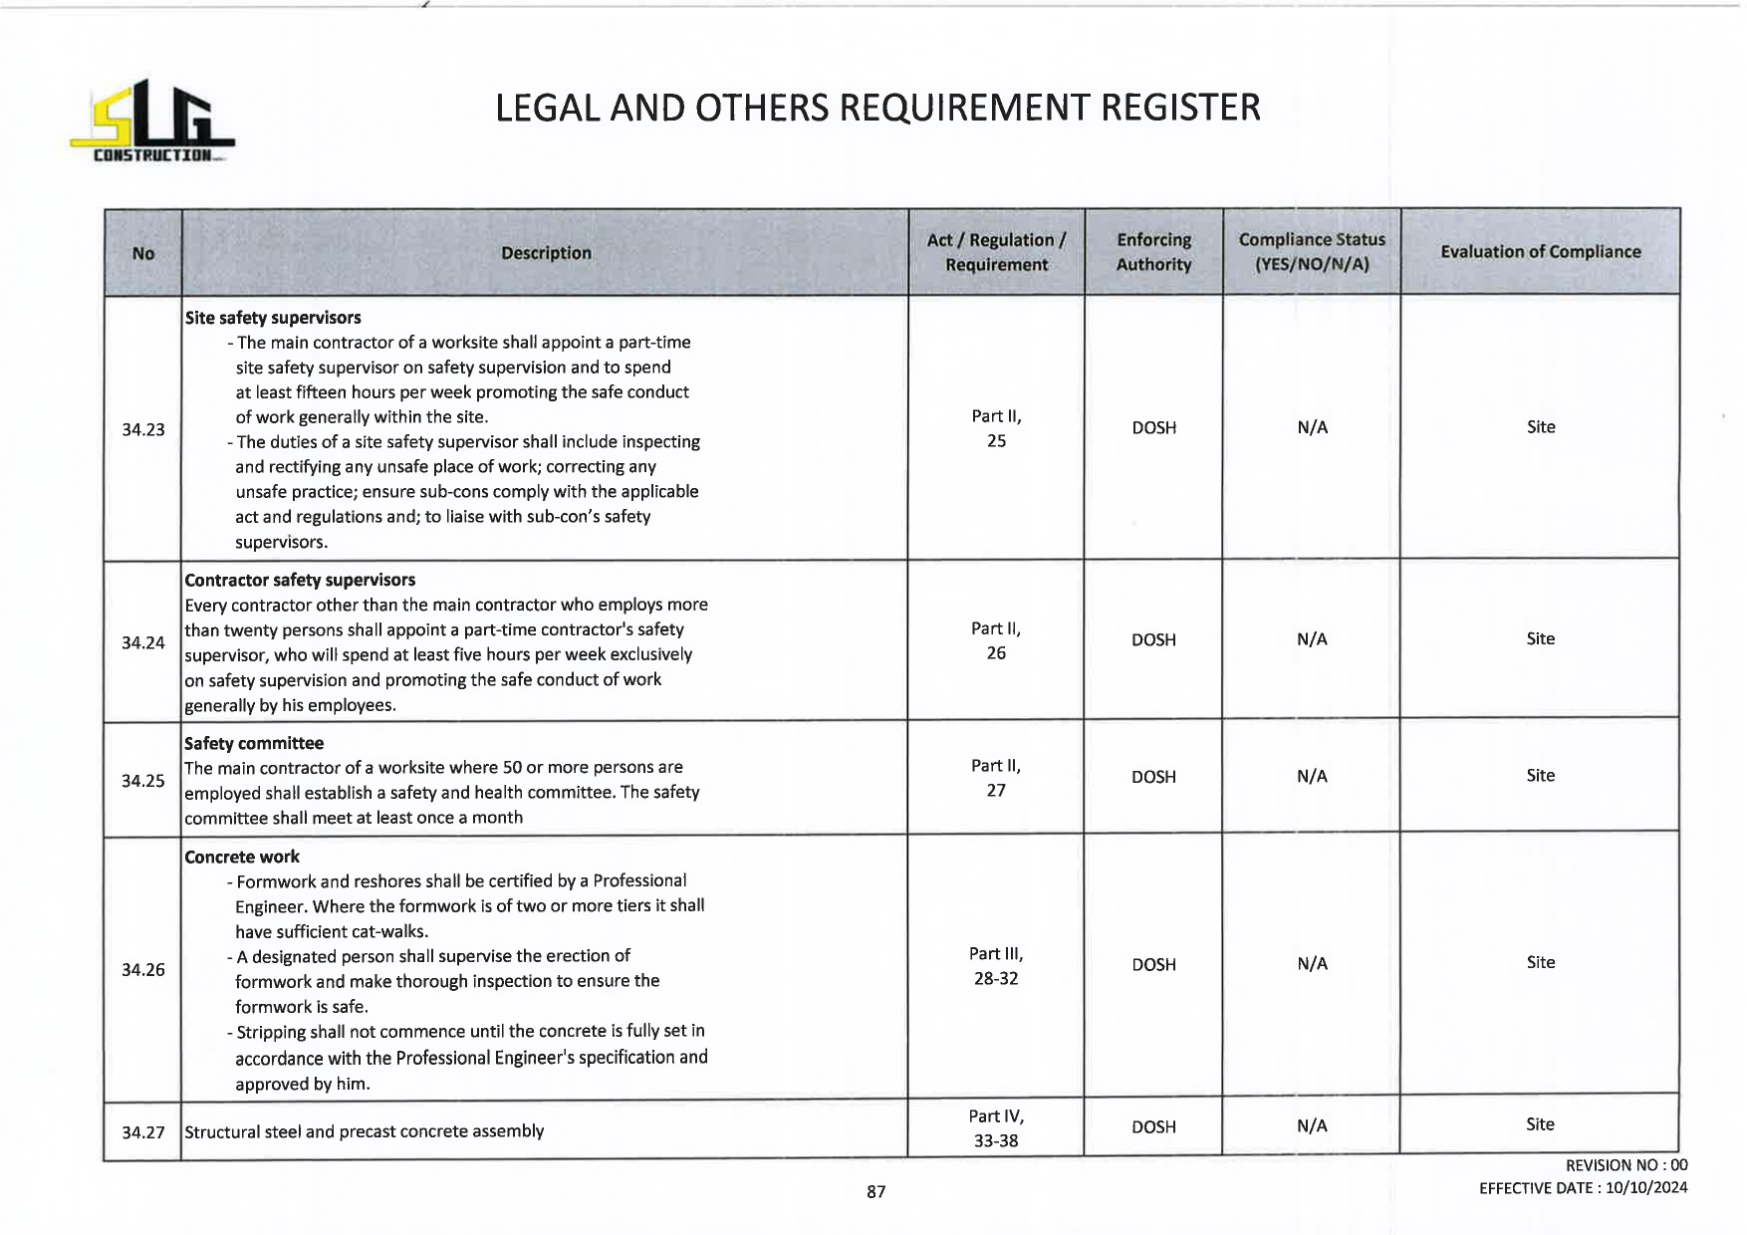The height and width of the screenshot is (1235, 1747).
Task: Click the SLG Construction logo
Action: point(151,123)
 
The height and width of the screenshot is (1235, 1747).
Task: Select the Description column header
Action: point(546,253)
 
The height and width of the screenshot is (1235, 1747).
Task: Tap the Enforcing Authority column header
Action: point(1153,252)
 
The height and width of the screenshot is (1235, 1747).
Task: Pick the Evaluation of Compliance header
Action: point(1540,252)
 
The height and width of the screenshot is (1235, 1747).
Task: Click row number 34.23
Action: point(143,429)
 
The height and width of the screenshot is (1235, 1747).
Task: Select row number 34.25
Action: point(143,781)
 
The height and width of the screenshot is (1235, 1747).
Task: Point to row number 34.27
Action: point(143,1132)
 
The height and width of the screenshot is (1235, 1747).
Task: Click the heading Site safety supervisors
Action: point(273,318)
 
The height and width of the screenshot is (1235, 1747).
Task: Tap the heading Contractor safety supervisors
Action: point(300,580)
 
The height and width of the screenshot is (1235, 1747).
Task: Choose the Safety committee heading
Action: point(254,743)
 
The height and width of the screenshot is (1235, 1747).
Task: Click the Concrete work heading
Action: point(242,857)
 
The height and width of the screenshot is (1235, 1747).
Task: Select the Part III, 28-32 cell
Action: point(996,966)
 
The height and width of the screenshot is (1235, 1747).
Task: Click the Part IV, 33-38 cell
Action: point(996,1128)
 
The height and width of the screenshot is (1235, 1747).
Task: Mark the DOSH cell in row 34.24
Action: point(1153,639)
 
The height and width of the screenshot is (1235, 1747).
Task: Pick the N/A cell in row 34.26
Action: point(1312,963)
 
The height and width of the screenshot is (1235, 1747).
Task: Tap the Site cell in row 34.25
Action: point(1540,775)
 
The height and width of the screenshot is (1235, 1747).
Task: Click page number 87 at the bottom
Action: point(875,1191)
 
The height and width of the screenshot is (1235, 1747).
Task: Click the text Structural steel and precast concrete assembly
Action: point(365,1131)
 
